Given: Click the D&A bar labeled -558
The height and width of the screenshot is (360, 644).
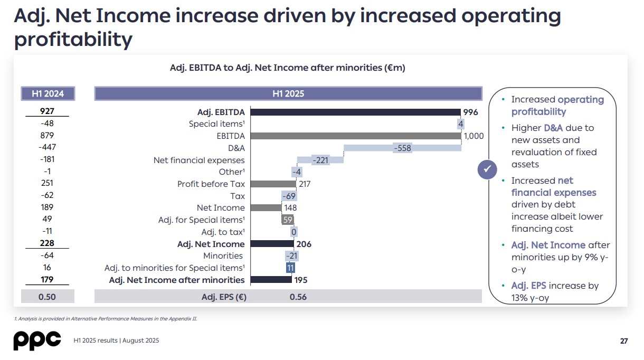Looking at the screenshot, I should tap(402, 148).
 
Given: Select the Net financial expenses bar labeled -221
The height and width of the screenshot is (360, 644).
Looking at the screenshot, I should tap(320, 160).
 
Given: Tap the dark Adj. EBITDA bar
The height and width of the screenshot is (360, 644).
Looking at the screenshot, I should tap(355, 112).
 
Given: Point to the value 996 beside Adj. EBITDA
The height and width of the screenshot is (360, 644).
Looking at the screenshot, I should tap(470, 112).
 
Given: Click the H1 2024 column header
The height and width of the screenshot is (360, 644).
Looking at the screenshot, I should tap(48, 93).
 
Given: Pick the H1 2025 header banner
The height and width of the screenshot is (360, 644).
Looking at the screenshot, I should tap(288, 93).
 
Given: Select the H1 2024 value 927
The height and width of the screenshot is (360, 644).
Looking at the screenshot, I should tap(48, 111).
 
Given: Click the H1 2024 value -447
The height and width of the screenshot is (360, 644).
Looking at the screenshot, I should tap(48, 147).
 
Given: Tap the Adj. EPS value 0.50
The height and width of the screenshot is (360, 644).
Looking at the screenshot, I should tap(48, 297).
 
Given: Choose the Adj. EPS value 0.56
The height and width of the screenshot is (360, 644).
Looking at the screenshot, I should tap(298, 297).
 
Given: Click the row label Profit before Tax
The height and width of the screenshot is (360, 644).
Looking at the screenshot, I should tap(211, 184).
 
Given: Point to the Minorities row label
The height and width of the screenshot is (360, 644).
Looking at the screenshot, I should tap(223, 256).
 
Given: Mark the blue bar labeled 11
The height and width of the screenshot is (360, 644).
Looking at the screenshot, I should tap(290, 268).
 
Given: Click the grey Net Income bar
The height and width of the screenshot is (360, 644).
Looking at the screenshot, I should tap(266, 208).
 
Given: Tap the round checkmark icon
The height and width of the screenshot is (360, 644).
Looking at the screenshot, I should tap(488, 169).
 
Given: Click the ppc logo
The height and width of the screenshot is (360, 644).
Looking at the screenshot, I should tap(37, 340).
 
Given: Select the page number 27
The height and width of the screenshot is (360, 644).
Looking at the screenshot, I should tap(624, 341).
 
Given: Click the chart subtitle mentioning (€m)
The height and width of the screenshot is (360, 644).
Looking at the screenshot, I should tap(288, 68).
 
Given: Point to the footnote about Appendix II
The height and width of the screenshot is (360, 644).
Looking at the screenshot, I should tap(106, 318).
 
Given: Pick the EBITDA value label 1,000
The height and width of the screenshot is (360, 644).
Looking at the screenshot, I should tap(473, 136).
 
